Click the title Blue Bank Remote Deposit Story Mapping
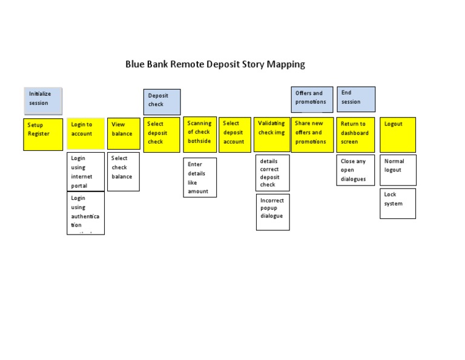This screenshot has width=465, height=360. point(215,64)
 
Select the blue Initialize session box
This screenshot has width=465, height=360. point(43,101)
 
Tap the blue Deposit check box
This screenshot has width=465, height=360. point(162,101)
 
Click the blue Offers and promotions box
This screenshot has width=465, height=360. point(312,99)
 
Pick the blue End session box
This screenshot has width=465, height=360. point(356,99)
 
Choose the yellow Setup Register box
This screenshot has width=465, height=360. point(43,134)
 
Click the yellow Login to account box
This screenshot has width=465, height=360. point(85,133)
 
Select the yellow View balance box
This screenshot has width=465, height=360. point(124,133)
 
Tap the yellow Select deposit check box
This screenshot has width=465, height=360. point(162,134)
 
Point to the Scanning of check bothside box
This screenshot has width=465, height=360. point(200,133)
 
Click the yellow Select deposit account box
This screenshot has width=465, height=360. point(235,134)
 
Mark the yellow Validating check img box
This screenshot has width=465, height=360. point(272,133)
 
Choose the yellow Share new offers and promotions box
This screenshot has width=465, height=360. point(312,134)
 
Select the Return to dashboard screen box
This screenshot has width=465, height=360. point(355,134)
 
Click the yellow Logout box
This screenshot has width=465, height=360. point(398,134)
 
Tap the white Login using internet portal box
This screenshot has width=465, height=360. point(85,172)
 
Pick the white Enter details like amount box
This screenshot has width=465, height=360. point(200,178)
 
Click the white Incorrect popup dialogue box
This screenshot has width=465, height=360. point(272,212)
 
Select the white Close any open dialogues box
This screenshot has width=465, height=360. point(355,170)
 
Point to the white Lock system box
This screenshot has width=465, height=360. point(398,203)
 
